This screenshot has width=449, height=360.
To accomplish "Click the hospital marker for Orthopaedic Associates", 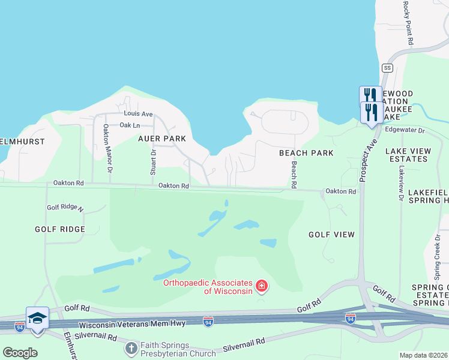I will (262, 286).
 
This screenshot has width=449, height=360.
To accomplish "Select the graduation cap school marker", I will (37, 318).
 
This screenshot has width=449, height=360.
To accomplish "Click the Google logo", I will (20, 352).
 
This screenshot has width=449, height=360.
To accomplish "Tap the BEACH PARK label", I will (306, 153).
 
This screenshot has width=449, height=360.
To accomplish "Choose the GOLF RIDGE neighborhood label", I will (59, 229).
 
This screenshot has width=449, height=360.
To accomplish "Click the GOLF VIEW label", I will (332, 235).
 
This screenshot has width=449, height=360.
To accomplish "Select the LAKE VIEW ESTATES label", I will (408, 155).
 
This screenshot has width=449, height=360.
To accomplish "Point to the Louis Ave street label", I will (139, 113).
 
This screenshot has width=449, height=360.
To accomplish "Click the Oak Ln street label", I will (130, 125).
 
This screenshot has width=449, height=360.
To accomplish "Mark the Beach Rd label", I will (294, 173).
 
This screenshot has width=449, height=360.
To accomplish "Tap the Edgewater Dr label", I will (405, 130).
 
